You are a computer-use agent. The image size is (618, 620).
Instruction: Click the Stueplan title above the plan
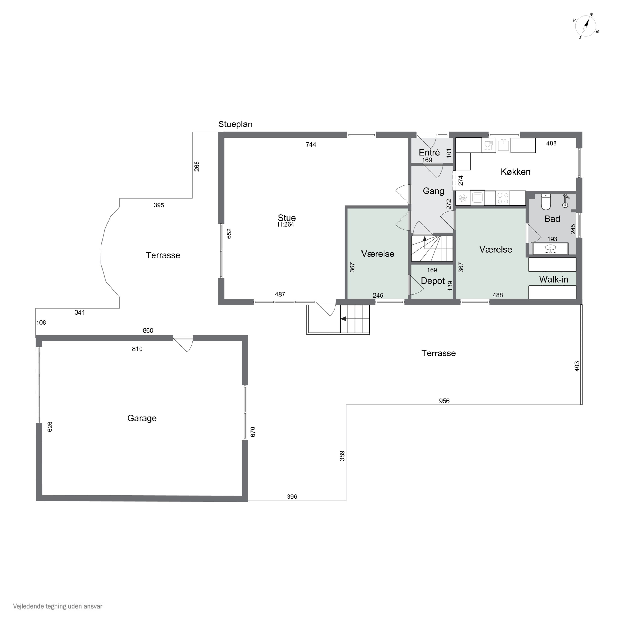click(235, 124)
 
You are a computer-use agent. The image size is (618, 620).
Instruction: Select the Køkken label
click(516, 172)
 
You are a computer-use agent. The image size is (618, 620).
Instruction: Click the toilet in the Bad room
click(546, 201)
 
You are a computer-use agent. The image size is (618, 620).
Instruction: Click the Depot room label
click(433, 281)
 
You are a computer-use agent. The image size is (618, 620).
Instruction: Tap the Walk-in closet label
click(554, 279)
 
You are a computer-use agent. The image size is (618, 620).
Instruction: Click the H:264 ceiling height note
click(286, 225)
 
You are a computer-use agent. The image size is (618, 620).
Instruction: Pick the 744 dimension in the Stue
click(311, 145)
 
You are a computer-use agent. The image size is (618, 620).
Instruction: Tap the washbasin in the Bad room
click(551, 249)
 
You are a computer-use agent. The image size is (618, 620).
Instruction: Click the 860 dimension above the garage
click(148, 330)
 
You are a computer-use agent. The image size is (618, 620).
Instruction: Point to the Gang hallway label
click(433, 191)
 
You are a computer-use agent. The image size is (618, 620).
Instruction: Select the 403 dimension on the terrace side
click(577, 366)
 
